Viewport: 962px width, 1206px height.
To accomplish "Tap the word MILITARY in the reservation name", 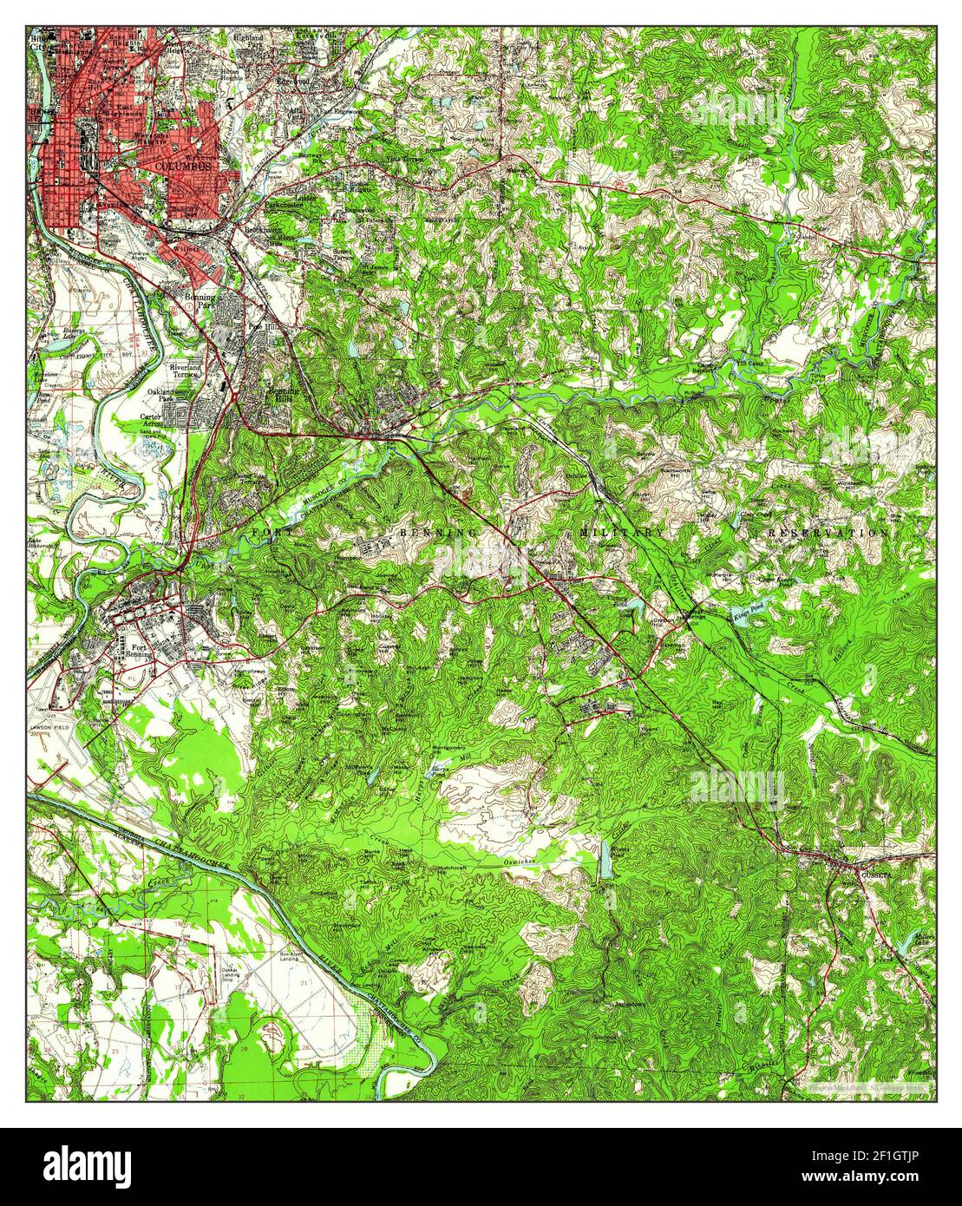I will tap(622, 531).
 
